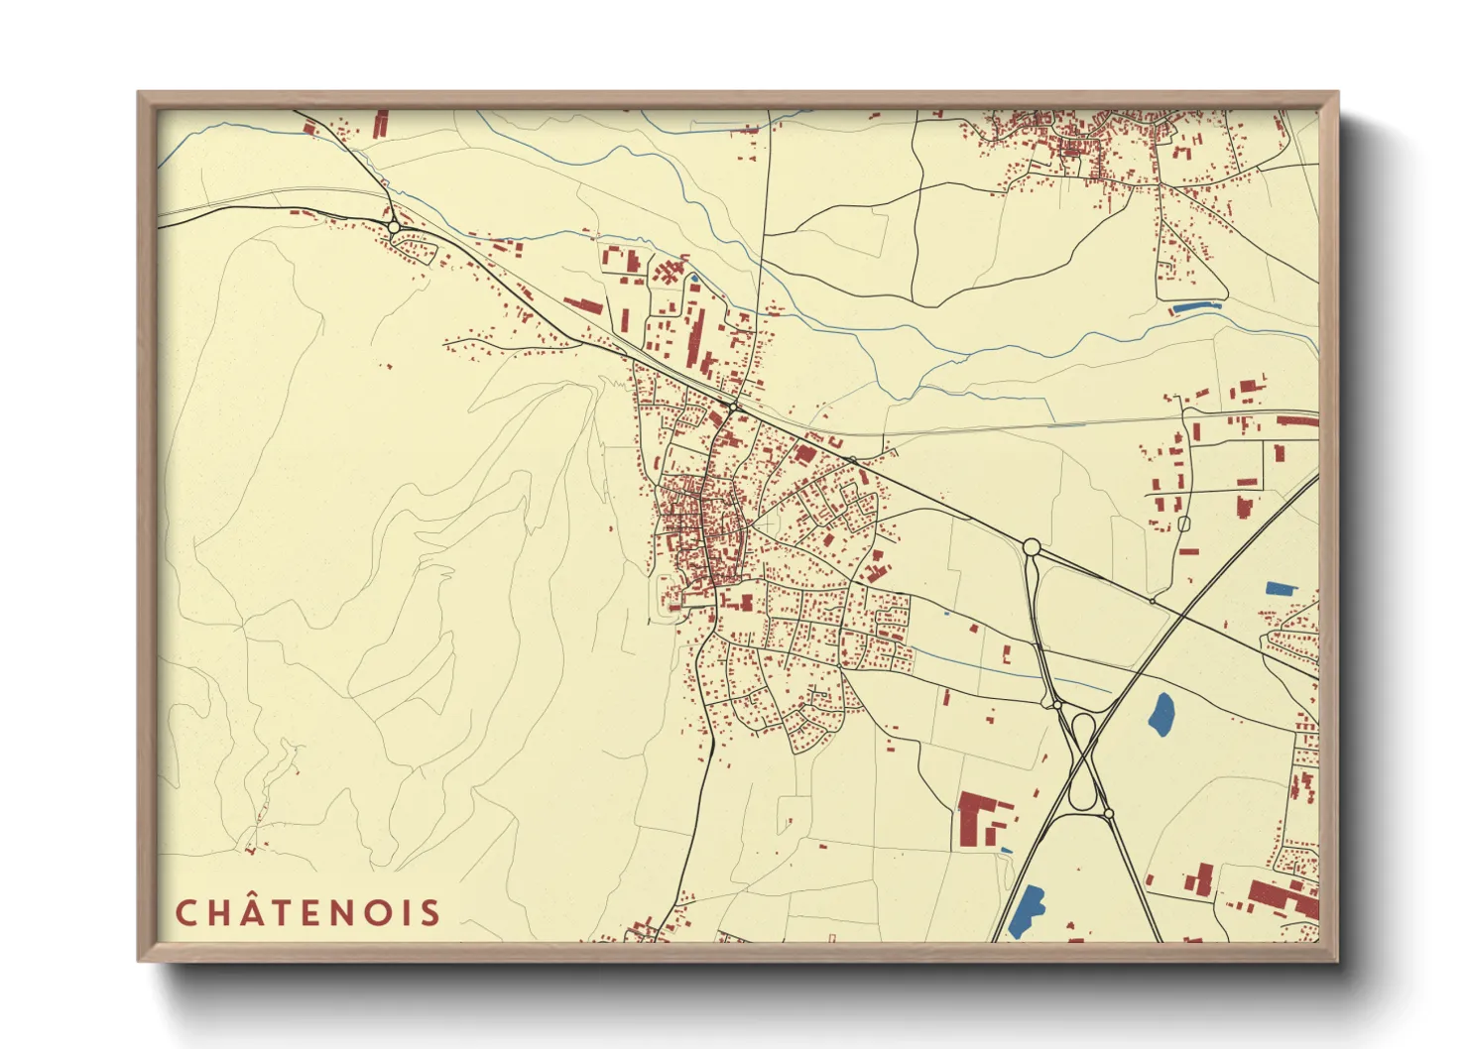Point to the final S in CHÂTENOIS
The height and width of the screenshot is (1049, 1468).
tap(430, 913)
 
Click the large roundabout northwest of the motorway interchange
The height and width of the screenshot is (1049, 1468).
tap(1031, 546)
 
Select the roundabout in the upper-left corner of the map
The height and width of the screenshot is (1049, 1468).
tap(394, 227)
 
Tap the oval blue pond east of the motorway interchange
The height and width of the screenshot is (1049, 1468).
tap(1162, 713)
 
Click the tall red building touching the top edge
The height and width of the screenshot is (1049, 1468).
tap(380, 123)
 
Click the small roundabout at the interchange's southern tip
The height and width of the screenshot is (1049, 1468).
tap(1109, 814)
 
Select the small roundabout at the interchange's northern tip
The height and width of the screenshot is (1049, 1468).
tap(1057, 704)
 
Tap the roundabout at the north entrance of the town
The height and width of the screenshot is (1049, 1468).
tap(733, 406)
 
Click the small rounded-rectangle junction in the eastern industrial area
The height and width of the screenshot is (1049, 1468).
tap(1182, 523)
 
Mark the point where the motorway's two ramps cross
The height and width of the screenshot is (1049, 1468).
tap(1085, 758)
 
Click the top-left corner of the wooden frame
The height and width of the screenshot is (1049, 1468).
tap(139, 93)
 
